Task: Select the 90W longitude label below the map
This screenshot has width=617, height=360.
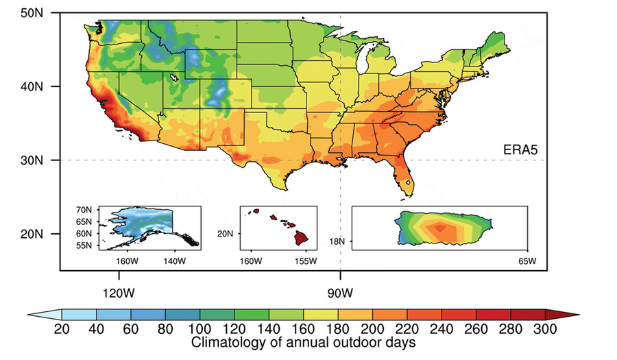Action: pos(340,293)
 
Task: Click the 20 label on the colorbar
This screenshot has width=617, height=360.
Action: pos(62,328)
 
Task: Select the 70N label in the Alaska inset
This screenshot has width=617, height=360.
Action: pos(86,209)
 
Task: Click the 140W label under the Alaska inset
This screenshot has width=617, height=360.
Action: pos(173,261)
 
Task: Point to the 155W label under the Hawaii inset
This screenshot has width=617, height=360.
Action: pos(305,261)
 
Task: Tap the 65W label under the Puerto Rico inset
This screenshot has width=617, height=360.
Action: pos(526,261)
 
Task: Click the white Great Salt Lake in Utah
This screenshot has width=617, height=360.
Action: pos(175,77)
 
